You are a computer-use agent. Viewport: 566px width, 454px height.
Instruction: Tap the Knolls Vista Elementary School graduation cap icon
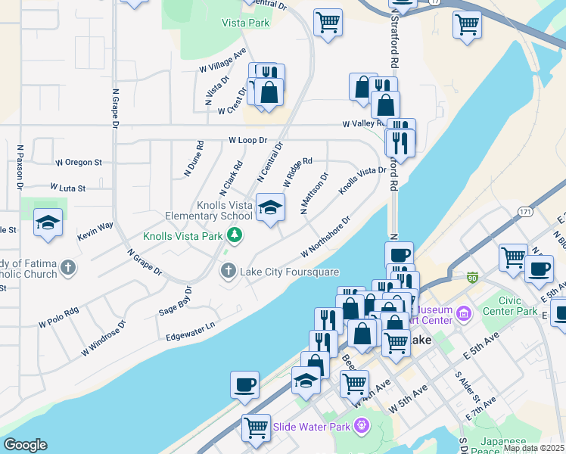pos(269,207)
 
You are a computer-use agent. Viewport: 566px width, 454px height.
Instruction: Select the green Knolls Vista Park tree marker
pos(235,235)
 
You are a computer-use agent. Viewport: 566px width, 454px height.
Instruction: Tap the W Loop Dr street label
pos(248,140)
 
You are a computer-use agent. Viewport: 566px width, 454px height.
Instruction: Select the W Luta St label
pos(68,187)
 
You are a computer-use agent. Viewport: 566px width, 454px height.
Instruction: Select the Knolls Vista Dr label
pos(362,181)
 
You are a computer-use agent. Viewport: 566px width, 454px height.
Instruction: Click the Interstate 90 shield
pos(473,278)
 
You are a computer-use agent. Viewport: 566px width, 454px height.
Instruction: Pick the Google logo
pos(24,445)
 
